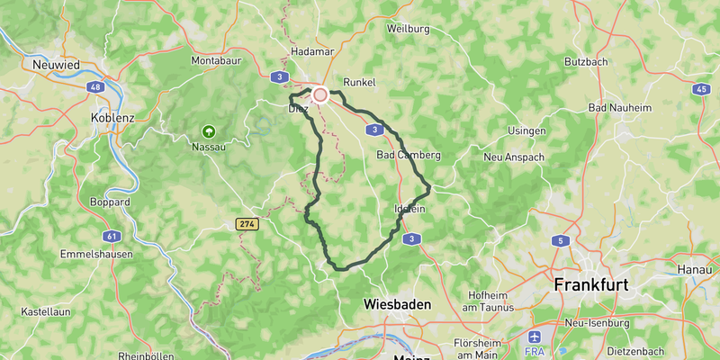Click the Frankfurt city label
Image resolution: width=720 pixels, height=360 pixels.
[591, 284]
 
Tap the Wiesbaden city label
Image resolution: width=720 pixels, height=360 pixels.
[397, 304]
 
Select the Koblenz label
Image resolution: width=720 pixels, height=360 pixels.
[112, 117]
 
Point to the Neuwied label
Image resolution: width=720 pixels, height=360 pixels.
[57, 65]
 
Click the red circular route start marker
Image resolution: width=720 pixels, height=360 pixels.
[319, 94]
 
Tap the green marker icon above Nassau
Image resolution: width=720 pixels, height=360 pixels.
[210, 130]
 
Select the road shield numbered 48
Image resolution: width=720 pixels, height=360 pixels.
[94, 87]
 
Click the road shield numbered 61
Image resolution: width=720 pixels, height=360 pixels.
[112, 236]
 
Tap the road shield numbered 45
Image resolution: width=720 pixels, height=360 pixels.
[701, 89]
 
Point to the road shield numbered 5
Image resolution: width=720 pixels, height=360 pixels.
[560, 240]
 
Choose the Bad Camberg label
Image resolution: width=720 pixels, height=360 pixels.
[408, 155]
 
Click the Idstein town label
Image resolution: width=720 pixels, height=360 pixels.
[409, 209]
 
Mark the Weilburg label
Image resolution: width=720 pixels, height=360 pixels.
[408, 29]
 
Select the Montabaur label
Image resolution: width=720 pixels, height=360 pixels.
[216, 61]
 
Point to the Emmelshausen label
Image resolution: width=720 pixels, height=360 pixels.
[96, 255]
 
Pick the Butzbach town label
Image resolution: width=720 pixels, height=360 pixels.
[587, 61]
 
